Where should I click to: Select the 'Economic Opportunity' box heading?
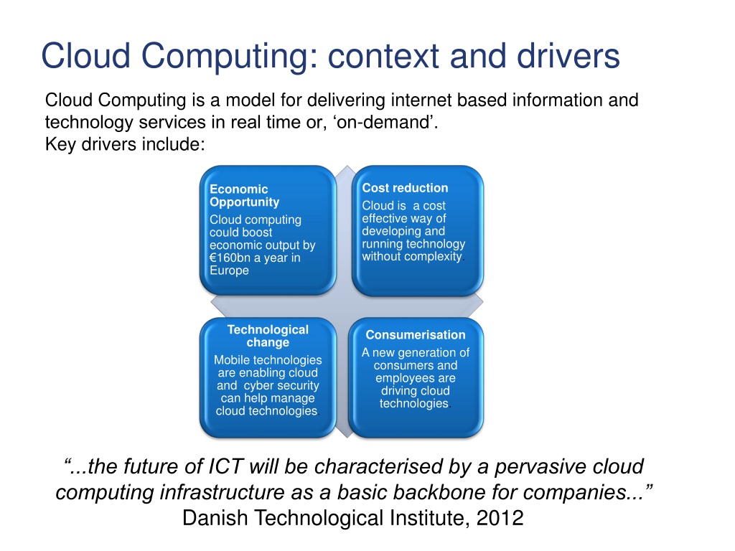244,196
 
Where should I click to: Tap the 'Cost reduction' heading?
405,188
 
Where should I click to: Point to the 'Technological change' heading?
268,336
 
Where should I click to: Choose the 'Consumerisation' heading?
415,335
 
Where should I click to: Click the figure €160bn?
231,258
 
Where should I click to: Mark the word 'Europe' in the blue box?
229,270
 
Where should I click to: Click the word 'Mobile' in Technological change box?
233,360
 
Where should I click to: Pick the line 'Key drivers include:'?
125,144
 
